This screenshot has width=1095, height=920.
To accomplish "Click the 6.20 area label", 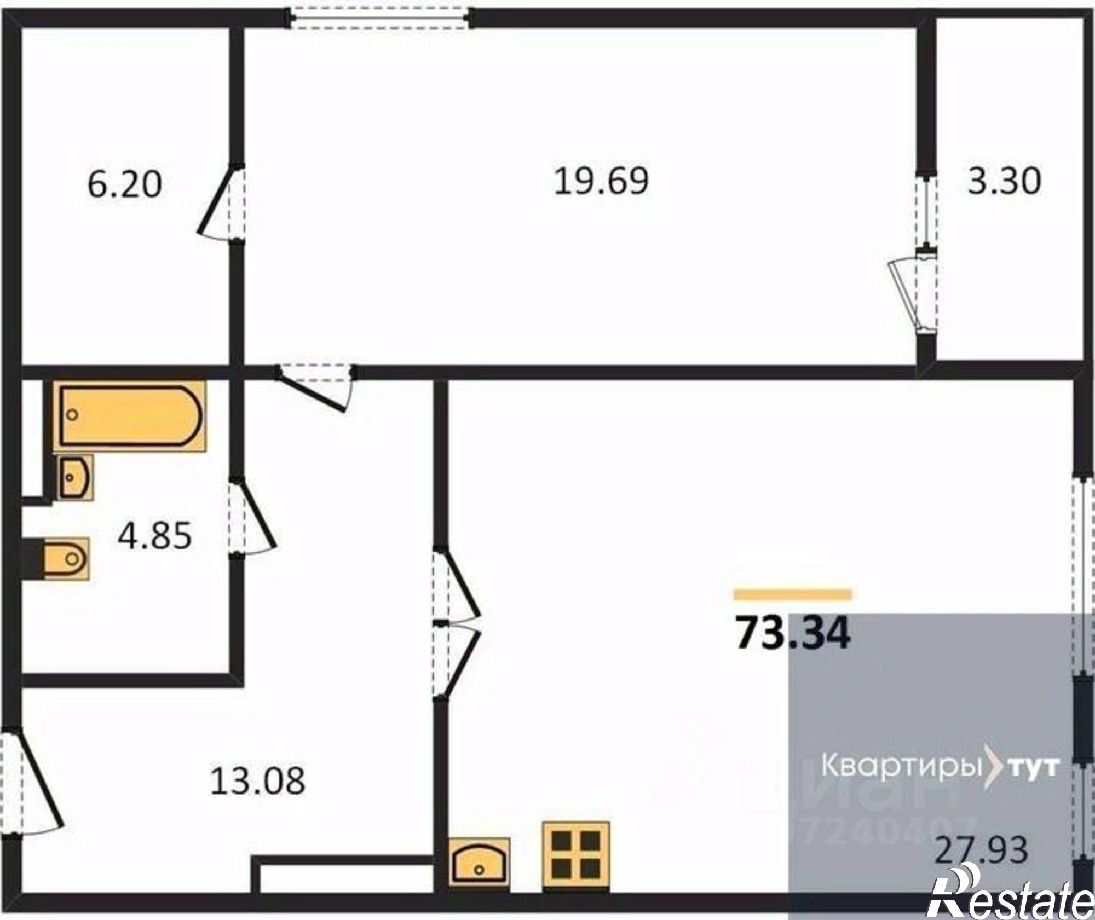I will [x=125, y=184].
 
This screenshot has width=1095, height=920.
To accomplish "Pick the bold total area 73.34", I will [x=793, y=633].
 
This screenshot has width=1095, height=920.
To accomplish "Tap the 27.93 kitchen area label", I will [x=981, y=866].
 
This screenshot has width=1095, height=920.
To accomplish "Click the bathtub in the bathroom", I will [x=129, y=415].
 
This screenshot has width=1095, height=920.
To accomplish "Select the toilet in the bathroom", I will [x=66, y=558].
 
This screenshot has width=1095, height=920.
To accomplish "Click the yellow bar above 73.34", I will [x=793, y=594].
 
